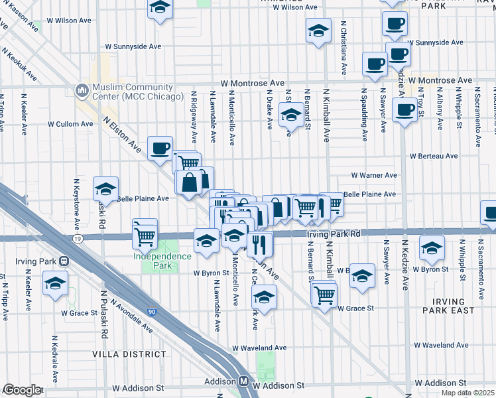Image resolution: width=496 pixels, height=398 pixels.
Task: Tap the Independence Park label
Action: (153, 261)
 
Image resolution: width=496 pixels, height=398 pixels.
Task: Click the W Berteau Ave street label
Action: (433, 157)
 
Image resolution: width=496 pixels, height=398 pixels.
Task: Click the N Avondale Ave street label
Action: (132, 314)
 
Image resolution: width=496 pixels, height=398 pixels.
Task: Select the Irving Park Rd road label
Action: (333, 234)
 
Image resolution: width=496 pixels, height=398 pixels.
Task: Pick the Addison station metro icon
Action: (244, 382)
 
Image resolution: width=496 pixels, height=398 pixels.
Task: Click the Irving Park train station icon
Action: (64, 261)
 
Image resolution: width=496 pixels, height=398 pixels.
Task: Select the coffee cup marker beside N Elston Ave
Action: (160, 149)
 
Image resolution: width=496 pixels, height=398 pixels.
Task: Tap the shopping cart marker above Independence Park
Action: (145, 233)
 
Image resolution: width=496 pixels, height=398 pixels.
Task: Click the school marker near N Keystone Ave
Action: (105, 189)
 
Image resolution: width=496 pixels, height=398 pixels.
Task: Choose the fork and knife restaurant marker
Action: (260, 243)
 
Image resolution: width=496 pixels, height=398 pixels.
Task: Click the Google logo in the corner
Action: (21, 390)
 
